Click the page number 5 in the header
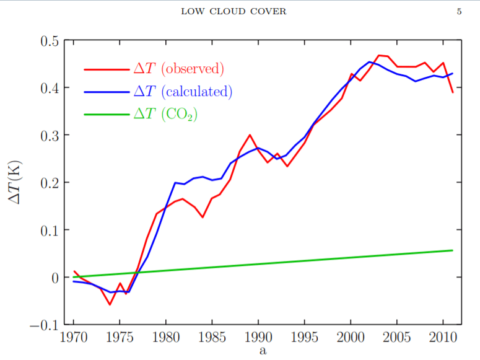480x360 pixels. (459, 11)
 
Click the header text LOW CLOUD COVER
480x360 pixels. (233, 11)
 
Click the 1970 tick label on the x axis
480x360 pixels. (74, 340)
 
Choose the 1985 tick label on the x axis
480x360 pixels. (212, 340)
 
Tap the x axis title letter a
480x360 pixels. (263, 352)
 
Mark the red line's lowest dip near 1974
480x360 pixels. (110, 304)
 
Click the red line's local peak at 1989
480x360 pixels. (250, 134)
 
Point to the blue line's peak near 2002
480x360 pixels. (369, 62)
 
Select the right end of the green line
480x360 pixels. (453, 250)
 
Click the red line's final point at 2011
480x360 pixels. (453, 92)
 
